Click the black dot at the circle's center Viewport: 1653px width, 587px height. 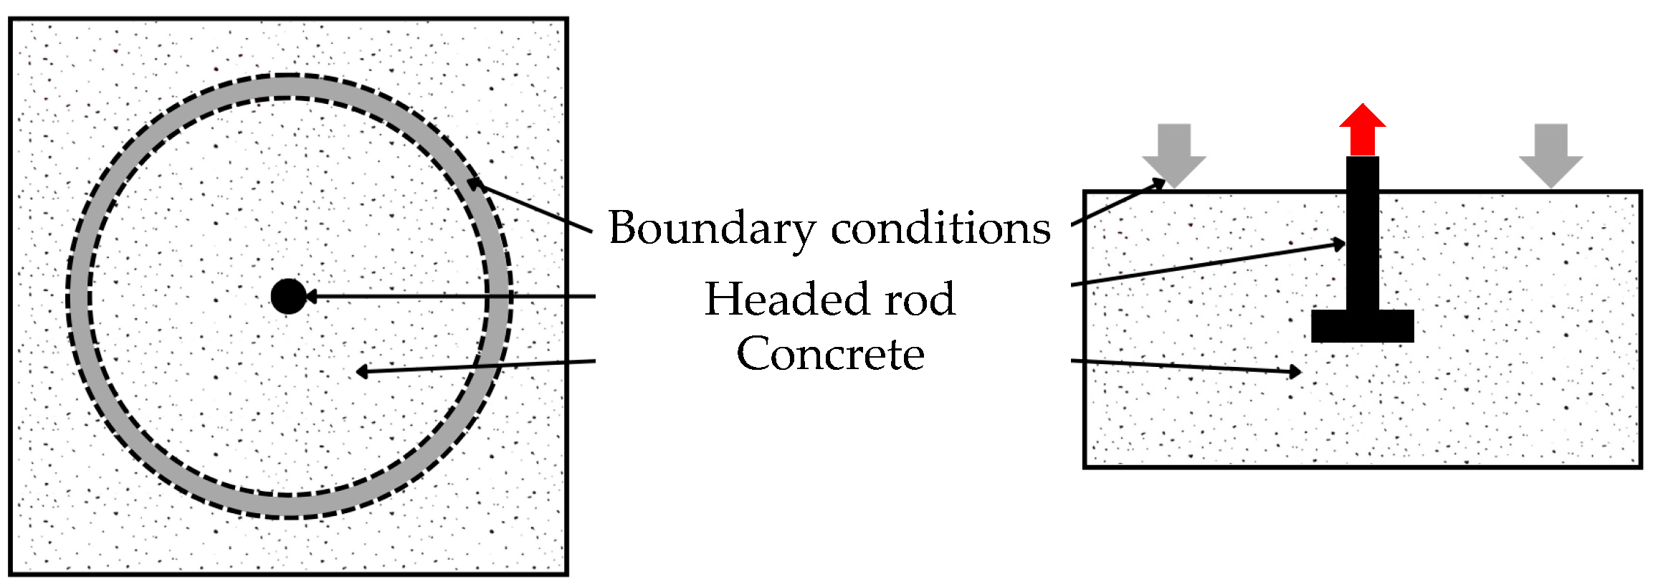coord(288,296)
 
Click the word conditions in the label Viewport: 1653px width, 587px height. coord(940,229)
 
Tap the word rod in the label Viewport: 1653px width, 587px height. coord(920,299)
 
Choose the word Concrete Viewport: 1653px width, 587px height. coord(830,354)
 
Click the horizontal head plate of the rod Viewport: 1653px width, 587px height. coord(1362,326)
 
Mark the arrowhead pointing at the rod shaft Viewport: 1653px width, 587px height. coord(1339,244)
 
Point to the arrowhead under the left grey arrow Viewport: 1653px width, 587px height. coord(1158,183)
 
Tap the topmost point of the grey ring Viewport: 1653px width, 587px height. coord(288,86)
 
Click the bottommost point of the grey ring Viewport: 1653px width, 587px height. coord(288,506)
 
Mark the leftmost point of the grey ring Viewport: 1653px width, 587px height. coord(79,296)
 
